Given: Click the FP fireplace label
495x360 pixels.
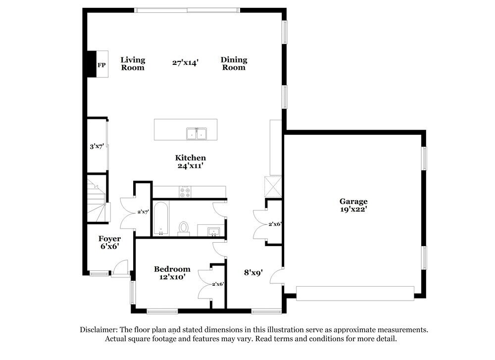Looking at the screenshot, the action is pos(101,65).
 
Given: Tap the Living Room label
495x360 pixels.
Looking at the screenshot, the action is pos(133,63).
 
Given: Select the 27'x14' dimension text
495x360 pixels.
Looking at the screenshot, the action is pos(185,62).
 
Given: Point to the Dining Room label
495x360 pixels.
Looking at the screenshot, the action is pos(234,63).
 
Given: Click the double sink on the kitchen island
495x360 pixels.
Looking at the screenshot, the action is pos(197,134).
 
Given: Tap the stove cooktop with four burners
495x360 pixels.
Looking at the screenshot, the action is pos(185,192).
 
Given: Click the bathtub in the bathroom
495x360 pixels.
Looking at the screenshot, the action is pos(161,218).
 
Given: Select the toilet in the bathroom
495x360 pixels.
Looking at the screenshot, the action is pos(184,228).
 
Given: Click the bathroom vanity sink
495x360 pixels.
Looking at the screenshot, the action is pos(214,231).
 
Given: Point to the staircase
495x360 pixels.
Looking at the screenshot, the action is pos(97,200).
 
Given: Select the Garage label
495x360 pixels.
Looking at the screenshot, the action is pos(353,201).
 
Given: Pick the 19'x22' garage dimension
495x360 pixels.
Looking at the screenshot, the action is pos(353,209).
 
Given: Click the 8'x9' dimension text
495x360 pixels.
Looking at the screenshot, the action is pos(253,272).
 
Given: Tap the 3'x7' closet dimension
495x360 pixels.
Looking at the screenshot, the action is pos(97,146).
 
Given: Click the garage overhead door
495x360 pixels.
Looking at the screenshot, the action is pos(355,293).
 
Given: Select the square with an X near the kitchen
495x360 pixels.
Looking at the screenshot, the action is pos(273,187).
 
